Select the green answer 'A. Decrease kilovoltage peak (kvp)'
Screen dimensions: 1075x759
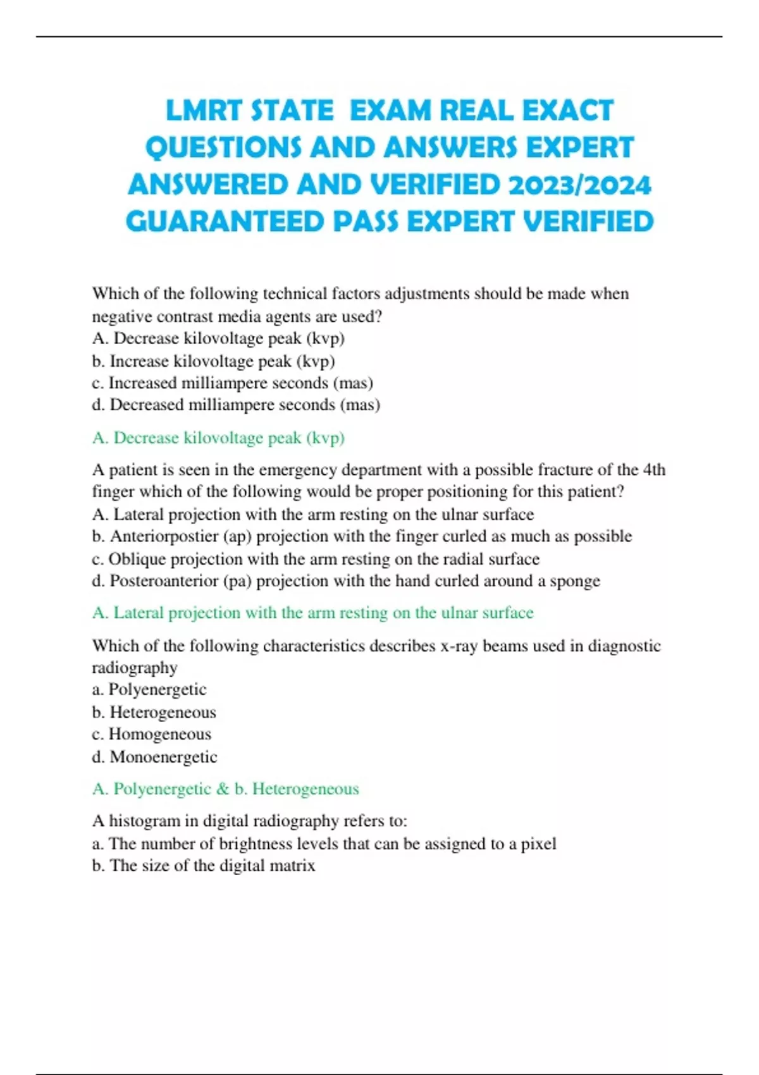click(x=218, y=438)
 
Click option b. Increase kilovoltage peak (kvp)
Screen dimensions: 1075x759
click(x=213, y=361)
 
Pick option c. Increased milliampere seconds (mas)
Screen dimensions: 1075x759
click(x=232, y=383)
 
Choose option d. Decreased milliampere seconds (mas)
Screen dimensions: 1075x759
click(x=236, y=405)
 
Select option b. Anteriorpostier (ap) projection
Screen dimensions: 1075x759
click(x=361, y=536)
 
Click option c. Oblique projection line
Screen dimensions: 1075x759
click(x=316, y=559)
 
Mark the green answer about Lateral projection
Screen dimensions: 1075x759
click(x=312, y=613)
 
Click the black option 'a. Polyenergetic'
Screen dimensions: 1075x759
click(x=149, y=689)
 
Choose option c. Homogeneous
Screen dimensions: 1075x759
click(x=152, y=734)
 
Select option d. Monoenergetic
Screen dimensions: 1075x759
click(x=154, y=757)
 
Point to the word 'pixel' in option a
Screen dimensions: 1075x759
click(x=538, y=844)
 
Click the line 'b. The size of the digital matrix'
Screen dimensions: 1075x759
click(x=203, y=866)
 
